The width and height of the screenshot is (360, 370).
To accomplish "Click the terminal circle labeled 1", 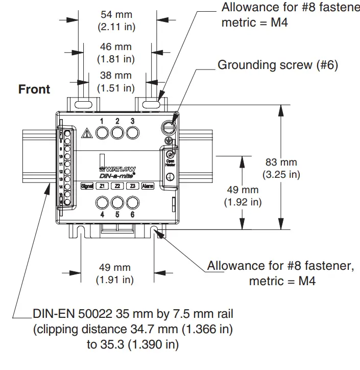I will click(102, 132).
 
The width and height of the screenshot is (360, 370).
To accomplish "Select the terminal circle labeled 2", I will click(117, 132).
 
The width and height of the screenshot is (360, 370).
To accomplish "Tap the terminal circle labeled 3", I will click(133, 132).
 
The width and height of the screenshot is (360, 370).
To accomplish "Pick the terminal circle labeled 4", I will click(102, 202).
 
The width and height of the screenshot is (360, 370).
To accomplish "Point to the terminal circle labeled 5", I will click(117, 202).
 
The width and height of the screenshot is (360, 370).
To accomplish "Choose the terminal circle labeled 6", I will click(133, 202).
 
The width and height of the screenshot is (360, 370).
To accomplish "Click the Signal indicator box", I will click(87, 186).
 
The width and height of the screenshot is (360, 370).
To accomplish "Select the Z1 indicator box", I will click(103, 186).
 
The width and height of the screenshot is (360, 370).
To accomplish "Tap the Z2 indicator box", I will click(117, 186).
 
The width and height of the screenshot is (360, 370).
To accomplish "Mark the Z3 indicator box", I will click(132, 186).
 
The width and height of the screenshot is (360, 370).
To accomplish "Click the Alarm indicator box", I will click(148, 186).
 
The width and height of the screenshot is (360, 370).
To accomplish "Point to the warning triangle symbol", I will click(87, 133).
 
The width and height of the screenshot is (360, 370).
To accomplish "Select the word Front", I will click(34, 89).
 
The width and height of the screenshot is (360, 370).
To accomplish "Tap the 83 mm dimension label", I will click(281, 162).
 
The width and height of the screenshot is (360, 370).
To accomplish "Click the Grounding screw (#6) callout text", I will click(278, 65).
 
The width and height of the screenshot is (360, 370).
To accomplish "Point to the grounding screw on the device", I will click(168, 126).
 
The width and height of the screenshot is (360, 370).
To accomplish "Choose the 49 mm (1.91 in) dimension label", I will click(115, 267).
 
